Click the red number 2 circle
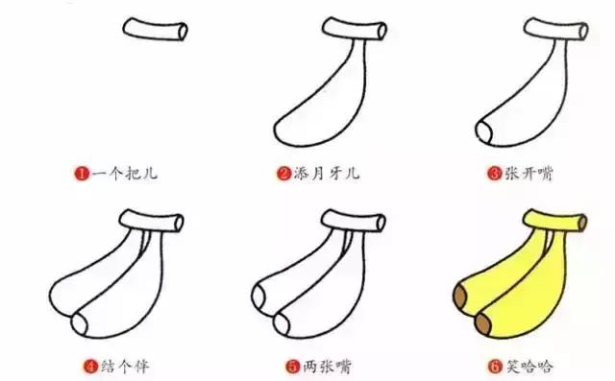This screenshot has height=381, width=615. click(284, 174)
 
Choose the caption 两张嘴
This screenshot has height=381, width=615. click(325, 365)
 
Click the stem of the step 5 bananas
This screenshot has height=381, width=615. click(357, 223)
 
